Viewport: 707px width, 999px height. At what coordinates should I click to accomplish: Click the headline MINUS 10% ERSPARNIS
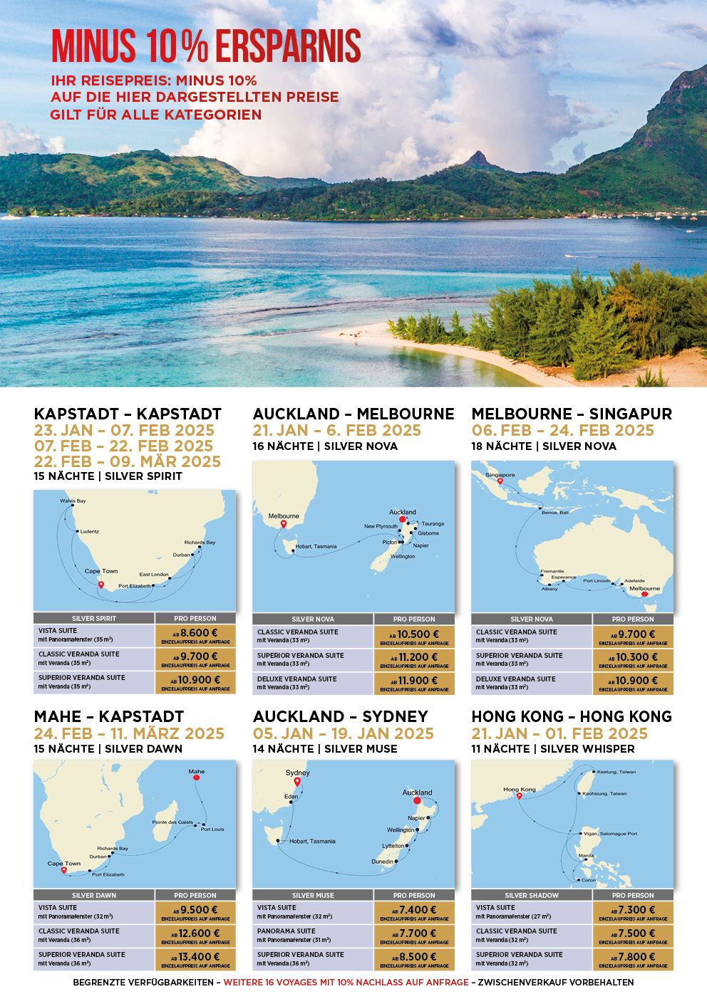click(x=206, y=47)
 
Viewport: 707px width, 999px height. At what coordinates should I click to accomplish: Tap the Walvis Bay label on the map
click(x=73, y=501)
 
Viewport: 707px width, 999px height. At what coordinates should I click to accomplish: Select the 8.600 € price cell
click(x=195, y=635)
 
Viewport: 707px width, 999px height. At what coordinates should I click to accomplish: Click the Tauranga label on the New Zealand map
click(x=432, y=523)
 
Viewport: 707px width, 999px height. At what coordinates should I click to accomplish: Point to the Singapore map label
click(x=500, y=475)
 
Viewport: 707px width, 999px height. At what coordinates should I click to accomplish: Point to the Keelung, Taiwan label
click(x=616, y=772)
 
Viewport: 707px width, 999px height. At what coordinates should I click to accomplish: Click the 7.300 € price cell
click(x=632, y=912)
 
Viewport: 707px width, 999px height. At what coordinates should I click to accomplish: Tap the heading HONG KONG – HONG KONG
click(x=571, y=716)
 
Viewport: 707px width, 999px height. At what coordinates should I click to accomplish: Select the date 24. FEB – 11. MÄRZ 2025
click(x=129, y=733)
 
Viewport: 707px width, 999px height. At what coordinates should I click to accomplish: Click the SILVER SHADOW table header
click(x=532, y=895)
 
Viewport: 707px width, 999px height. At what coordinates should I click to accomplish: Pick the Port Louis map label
click(x=212, y=829)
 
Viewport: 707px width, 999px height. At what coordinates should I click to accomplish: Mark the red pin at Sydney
click(x=298, y=782)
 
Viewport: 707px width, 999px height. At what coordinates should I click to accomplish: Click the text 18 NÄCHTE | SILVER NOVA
click(x=544, y=446)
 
